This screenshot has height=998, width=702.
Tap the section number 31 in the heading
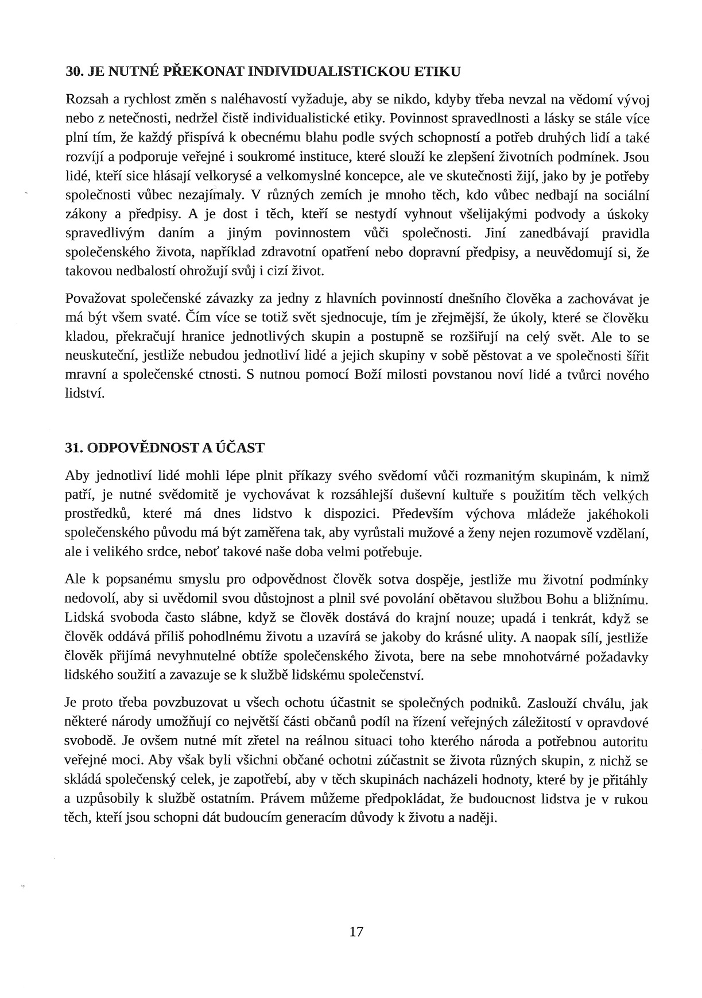point(72,448)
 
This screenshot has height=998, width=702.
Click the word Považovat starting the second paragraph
point(96,299)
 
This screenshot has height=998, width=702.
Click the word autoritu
point(621,741)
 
